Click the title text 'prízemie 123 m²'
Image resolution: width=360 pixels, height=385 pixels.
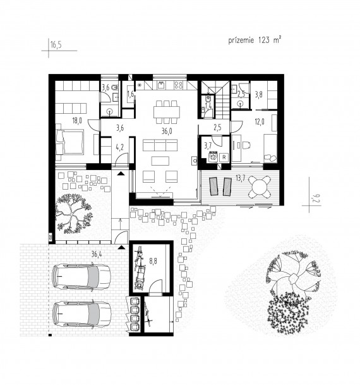pos(255,40)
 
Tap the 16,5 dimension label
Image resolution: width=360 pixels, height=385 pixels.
pos(56,45)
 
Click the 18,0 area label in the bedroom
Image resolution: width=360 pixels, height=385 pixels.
pos(77,120)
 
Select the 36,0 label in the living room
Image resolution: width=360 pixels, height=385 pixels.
pos(167,131)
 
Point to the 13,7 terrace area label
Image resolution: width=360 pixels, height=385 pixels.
pos(241,178)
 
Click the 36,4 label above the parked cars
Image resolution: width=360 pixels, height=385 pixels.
pos(97,254)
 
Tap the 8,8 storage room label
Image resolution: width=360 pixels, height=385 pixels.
pos(153,261)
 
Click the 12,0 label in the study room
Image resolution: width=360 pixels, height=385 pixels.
pos(260,121)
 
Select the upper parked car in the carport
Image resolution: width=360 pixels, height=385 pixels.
pos(81,277)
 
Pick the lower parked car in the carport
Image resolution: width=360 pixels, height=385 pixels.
pos(82,314)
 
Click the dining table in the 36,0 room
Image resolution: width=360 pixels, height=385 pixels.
pos(167,112)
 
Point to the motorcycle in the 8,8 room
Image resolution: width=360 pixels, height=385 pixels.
pos(140,269)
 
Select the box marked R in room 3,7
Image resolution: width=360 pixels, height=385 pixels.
pos(224,157)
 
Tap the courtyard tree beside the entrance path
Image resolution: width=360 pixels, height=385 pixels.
pos(73,214)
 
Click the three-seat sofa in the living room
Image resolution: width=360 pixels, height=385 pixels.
pos(160,145)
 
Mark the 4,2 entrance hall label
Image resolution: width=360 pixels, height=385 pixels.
pos(119,147)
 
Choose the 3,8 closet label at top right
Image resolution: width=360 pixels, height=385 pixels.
pos(258,95)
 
